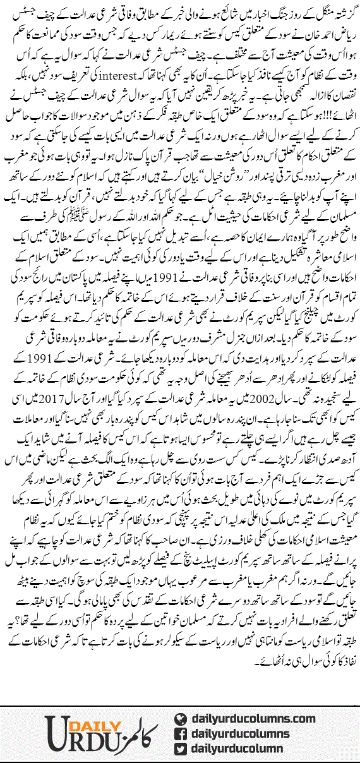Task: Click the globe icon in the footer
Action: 182,719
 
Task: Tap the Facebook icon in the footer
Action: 182,735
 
